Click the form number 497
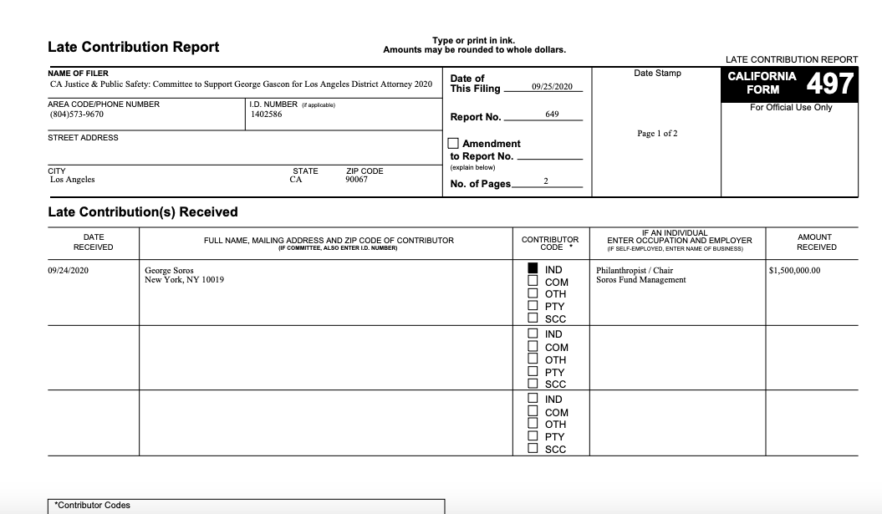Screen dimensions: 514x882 click(x=831, y=83)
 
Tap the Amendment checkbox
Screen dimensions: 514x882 click(x=454, y=143)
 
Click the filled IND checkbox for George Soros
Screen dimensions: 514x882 click(x=533, y=269)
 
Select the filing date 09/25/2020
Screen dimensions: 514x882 click(x=551, y=88)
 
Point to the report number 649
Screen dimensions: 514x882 click(x=552, y=114)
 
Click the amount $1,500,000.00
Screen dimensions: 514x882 click(x=794, y=271)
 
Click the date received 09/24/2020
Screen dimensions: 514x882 click(x=69, y=271)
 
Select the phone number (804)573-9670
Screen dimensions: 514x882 click(x=77, y=114)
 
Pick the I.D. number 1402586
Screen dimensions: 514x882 click(x=266, y=114)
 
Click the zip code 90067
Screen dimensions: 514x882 click(x=356, y=180)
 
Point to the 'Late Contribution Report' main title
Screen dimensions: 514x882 click(x=134, y=47)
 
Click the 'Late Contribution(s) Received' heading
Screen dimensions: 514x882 click(x=143, y=212)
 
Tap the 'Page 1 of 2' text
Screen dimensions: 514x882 click(x=657, y=134)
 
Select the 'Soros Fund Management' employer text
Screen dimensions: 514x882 click(x=640, y=280)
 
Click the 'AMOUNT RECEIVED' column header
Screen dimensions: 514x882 click(x=815, y=242)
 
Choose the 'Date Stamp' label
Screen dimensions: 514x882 click(x=657, y=74)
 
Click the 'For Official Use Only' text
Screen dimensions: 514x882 click(x=790, y=108)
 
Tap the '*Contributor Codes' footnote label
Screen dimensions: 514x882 click(x=92, y=506)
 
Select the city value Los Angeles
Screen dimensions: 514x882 click(x=73, y=180)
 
